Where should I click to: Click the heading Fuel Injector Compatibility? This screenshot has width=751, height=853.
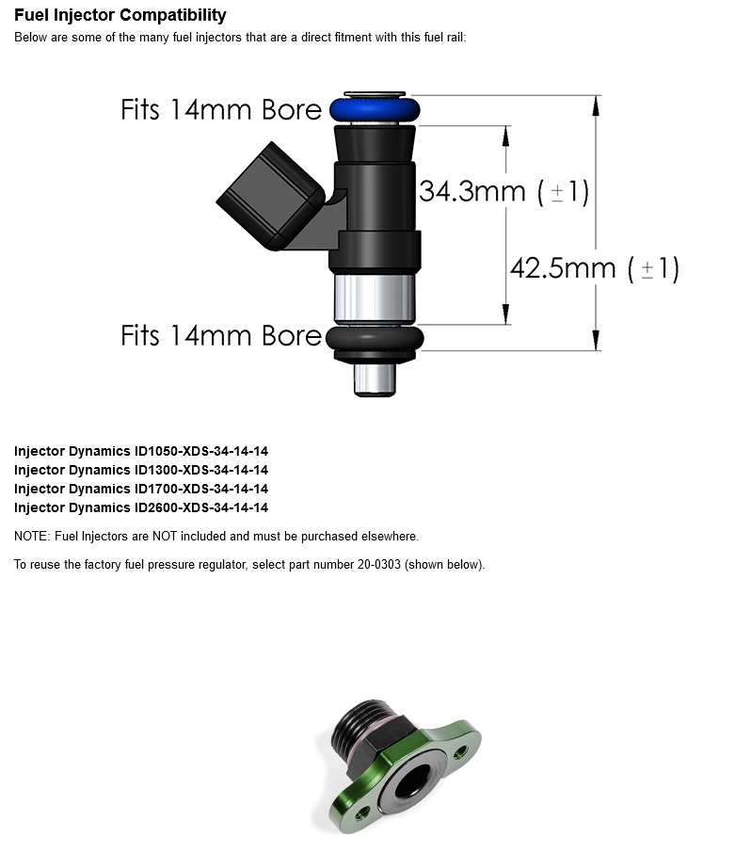coord(120,15)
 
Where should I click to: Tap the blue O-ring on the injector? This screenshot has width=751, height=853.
coord(375,109)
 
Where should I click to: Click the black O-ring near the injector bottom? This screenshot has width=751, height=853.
coord(375,338)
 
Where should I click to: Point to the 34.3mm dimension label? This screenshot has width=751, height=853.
coord(504,191)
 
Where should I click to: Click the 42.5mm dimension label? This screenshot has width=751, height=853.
coord(595,268)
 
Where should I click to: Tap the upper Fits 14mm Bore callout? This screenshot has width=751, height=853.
coord(221,109)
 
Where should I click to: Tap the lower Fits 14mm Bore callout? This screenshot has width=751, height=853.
coord(221,335)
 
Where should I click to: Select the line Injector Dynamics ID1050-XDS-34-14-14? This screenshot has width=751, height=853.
coord(141,451)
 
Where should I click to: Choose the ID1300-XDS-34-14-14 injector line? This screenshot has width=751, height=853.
coord(141,470)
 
